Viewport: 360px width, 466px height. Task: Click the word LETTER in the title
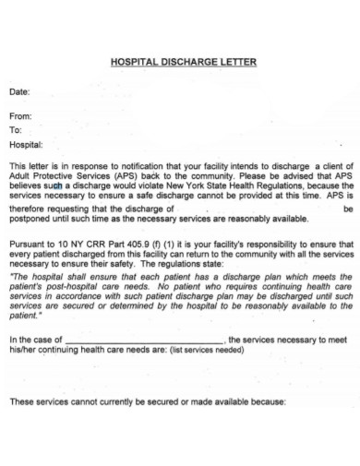236,63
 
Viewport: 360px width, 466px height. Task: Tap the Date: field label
19,92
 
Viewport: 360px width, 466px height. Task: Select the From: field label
20,116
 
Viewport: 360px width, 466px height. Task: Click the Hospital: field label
26,145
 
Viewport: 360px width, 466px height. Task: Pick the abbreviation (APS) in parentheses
127,174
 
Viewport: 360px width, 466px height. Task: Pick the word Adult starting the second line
19,174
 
